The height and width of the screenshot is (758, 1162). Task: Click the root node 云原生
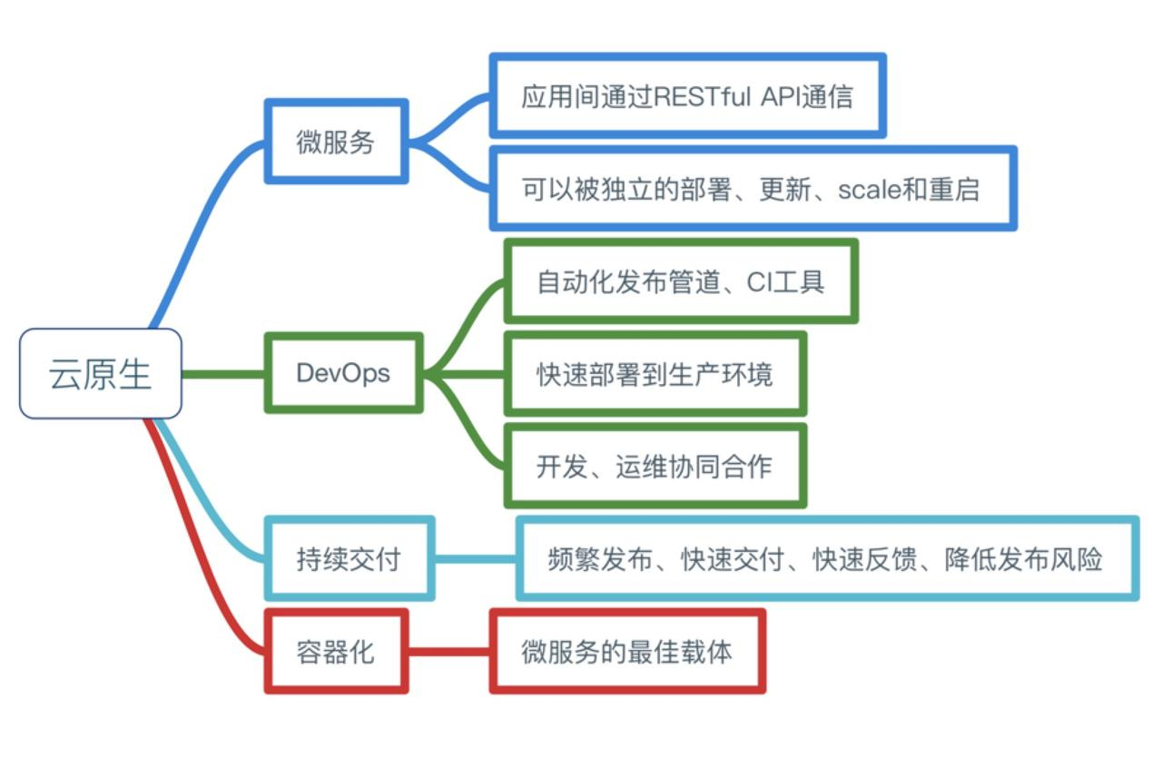tap(100, 373)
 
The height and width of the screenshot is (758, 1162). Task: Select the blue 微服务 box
tap(336, 142)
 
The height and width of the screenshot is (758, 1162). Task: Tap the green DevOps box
tap(343, 373)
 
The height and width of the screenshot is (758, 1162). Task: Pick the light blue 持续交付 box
tap(349, 558)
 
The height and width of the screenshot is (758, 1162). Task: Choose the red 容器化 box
tap(336, 652)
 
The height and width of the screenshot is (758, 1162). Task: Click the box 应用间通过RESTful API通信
tap(687, 96)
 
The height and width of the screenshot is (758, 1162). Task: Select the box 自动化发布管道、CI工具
tap(681, 281)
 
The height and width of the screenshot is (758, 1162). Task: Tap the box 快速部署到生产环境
tap(655, 373)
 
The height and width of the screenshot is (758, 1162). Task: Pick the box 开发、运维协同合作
tap(655, 466)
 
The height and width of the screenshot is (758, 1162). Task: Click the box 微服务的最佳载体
tap(627, 652)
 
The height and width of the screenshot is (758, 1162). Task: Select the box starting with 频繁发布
tap(826, 558)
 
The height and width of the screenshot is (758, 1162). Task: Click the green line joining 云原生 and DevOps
tap(223, 373)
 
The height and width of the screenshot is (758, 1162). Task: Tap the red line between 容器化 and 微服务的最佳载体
tap(449, 652)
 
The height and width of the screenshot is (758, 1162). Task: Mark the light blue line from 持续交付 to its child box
tap(475, 558)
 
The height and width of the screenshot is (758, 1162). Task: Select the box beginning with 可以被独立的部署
tap(753, 189)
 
